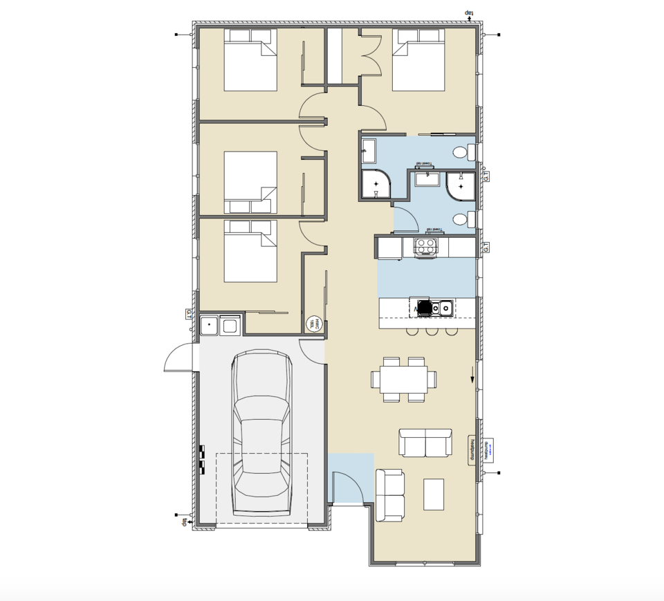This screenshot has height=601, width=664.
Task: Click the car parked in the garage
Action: click(x=262, y=433)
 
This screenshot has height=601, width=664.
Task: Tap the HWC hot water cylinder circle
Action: click(x=314, y=323)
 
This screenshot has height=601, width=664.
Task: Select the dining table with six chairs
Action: click(x=404, y=379)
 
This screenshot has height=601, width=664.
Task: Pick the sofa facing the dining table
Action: click(x=425, y=443)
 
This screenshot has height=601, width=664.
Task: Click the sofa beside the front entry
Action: click(x=389, y=495)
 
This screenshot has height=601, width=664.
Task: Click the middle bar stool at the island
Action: click(x=432, y=331)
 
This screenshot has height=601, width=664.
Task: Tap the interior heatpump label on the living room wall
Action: click(x=472, y=450)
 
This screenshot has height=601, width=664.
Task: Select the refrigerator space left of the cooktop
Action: click(x=389, y=247)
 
